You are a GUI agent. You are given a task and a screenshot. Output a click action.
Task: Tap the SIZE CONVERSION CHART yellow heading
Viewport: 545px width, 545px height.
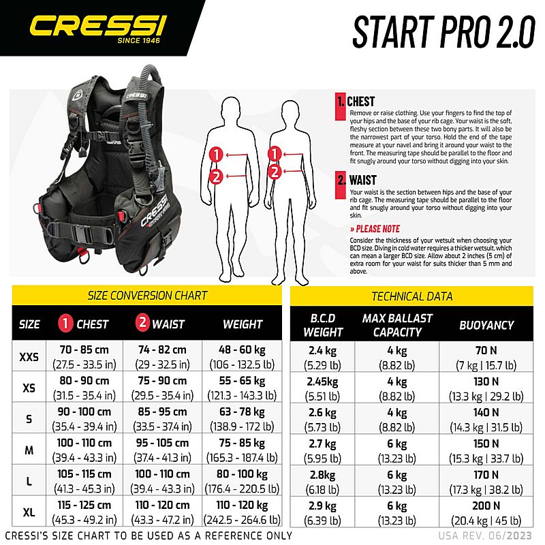pyautogui.click(x=148, y=296)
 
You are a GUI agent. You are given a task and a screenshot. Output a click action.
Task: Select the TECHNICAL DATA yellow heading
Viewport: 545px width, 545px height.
pyautogui.click(x=411, y=296)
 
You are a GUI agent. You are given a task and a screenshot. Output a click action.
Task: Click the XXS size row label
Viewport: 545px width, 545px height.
pyautogui.click(x=29, y=356)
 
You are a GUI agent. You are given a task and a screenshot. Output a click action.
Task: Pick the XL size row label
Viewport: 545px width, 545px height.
pyautogui.click(x=29, y=510)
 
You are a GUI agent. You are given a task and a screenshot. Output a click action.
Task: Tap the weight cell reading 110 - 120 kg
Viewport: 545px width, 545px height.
pyautogui.click(x=243, y=510)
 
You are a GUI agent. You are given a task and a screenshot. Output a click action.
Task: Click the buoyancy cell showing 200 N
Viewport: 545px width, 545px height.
pyautogui.click(x=486, y=510)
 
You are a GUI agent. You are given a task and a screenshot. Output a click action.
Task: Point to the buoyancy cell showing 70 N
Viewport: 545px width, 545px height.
pyautogui.click(x=486, y=356)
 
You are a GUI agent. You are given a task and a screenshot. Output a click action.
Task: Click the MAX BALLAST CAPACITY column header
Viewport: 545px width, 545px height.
pyautogui.click(x=397, y=325)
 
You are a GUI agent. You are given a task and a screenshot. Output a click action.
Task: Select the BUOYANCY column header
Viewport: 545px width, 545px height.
pyautogui.click(x=486, y=325)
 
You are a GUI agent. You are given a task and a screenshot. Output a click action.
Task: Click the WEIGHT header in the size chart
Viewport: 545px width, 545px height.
pyautogui.click(x=243, y=324)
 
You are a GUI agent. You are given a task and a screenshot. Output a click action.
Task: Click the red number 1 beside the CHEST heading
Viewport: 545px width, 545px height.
pyautogui.click(x=341, y=103)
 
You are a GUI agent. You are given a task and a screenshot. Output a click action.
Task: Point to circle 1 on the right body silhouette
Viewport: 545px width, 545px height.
pyautogui.click(x=275, y=154)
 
